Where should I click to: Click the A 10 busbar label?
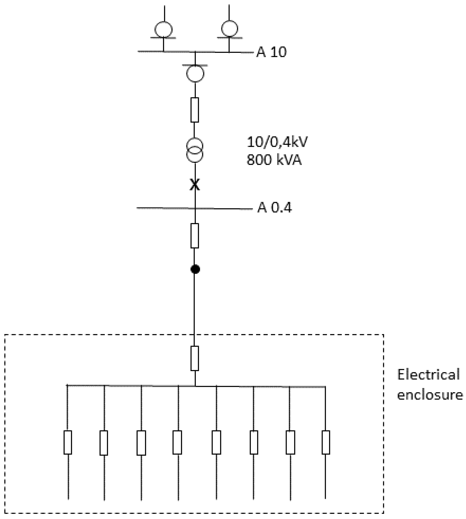pyautogui.click(x=271, y=52)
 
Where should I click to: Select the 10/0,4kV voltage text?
pyautogui.click(x=277, y=142)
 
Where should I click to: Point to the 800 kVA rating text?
pyautogui.click(x=274, y=160)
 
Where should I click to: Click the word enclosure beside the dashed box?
pyautogui.click(x=430, y=394)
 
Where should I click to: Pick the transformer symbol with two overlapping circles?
pyautogui.click(x=195, y=150)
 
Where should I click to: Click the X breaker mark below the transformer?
pyautogui.click(x=195, y=185)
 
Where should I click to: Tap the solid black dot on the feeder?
pyautogui.click(x=195, y=269)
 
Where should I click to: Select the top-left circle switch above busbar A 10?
pyautogui.click(x=163, y=29)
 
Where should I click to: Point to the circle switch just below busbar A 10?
pyautogui.click(x=195, y=73)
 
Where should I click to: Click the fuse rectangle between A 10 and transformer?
pyautogui.click(x=195, y=110)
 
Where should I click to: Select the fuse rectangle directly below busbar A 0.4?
pyautogui.click(x=195, y=235)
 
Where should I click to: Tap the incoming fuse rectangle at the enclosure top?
pyautogui.click(x=195, y=358)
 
